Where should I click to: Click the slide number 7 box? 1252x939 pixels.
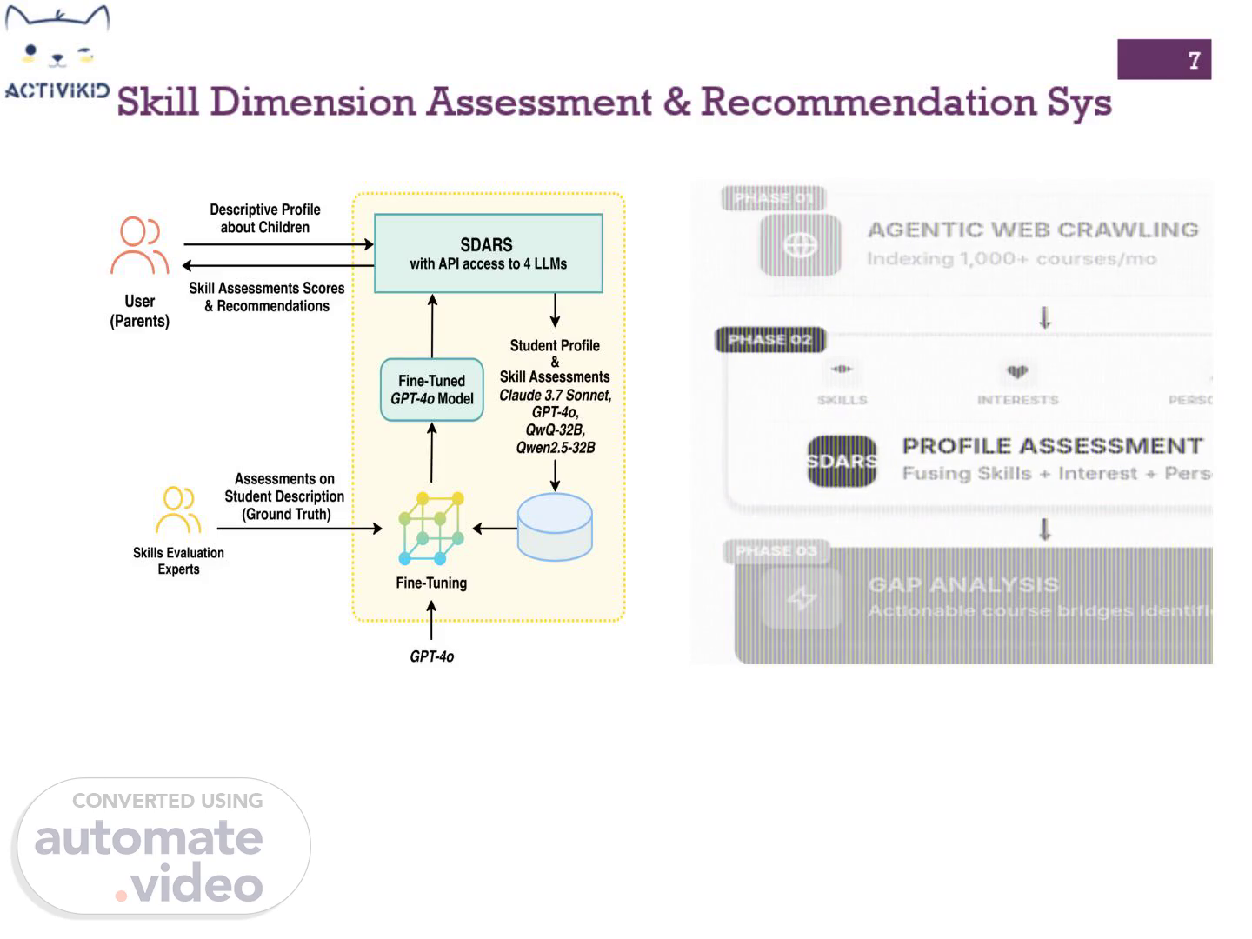1163,59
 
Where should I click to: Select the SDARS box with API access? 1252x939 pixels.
488,253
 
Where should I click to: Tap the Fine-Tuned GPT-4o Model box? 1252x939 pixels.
432,390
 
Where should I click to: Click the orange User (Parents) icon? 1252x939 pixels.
139,245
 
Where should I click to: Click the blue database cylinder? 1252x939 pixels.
555,527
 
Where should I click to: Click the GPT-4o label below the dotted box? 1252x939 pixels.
431,656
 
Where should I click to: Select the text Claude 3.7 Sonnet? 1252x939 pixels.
555,395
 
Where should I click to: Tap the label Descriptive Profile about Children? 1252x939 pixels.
264,218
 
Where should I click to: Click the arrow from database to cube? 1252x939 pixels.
494,528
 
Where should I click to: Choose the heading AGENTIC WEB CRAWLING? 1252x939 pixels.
1032,230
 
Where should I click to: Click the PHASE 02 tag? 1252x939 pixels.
769,339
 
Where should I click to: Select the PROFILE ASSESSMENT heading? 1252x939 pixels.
1052,446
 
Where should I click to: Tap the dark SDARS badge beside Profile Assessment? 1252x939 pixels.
842,461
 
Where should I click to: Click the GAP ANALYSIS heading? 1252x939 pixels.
963,584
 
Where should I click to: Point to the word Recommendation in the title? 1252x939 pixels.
868,102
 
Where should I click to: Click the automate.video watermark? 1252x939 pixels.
161,848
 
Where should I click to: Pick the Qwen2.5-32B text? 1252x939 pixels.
555,448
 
